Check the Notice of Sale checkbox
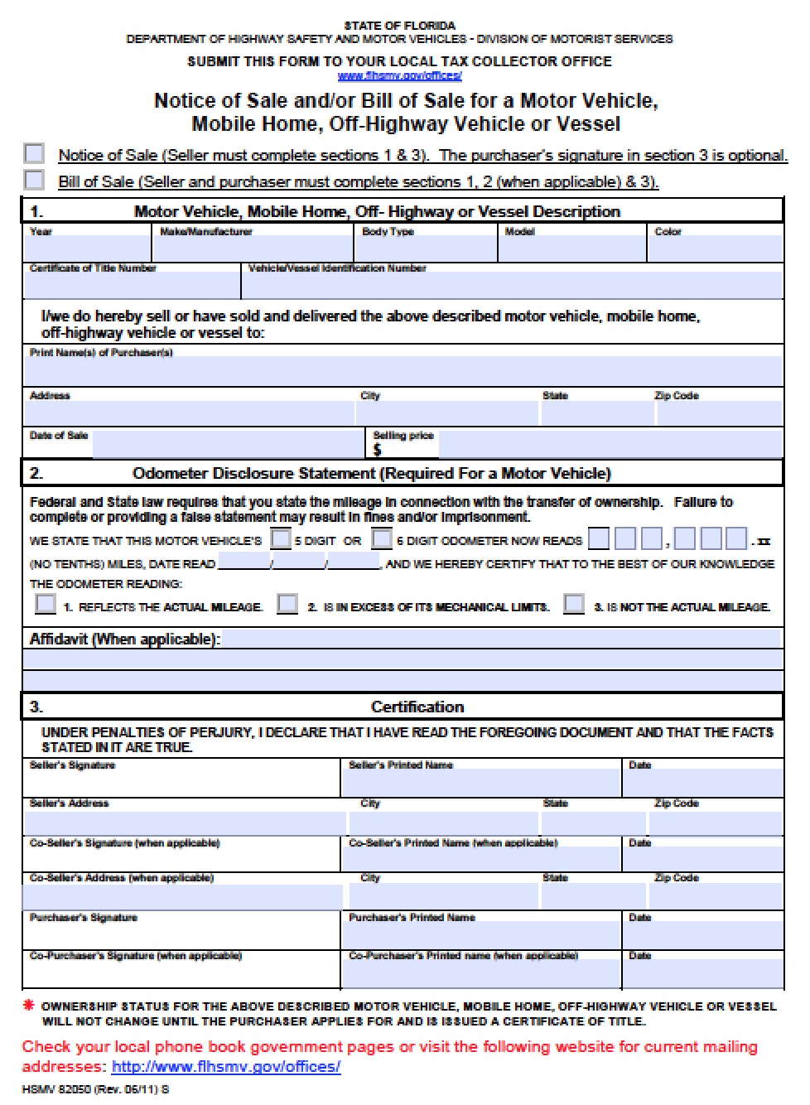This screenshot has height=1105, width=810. pos(34,153)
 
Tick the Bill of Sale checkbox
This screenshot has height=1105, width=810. pos(34,180)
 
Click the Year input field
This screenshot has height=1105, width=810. pos(88,249)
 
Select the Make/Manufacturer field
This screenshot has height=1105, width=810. pos(254,249)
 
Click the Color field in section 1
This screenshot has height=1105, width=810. pos(716,249)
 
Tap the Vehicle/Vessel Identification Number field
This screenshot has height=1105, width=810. pos(512,285)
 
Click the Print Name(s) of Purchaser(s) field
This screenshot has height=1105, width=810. pos(403,371)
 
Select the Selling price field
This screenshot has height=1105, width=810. pos(610,445)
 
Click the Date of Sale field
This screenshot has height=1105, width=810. pos(228,444)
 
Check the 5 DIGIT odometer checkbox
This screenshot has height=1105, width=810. pos(282,539)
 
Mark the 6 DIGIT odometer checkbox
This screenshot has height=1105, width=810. pos(382,539)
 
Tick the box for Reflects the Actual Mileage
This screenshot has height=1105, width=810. pos(46,604)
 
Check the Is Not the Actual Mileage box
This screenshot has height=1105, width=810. pos(574,604)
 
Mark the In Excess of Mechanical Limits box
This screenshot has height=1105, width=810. pos(287,604)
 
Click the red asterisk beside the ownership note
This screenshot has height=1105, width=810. pos(29,1006)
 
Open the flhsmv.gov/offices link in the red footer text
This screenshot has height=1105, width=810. pos(226,1067)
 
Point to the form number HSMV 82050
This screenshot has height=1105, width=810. pos(95,1089)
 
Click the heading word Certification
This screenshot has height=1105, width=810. pos(417,707)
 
